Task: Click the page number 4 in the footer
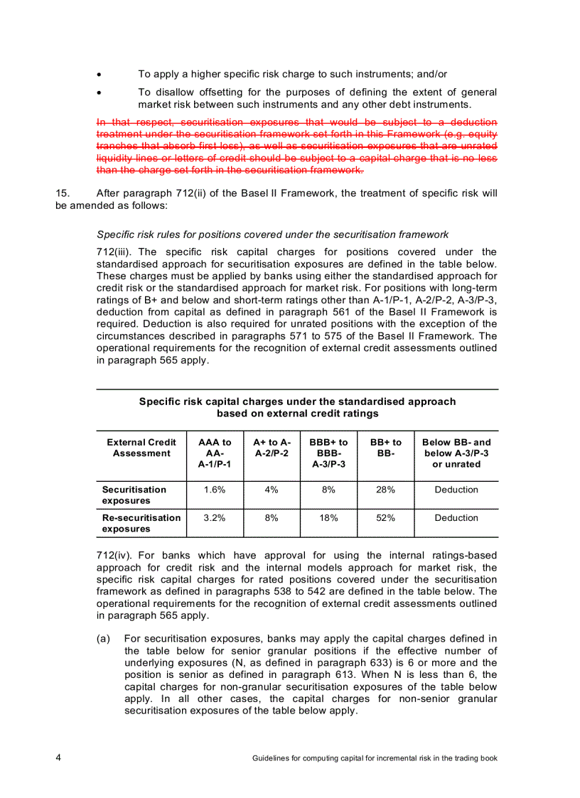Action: (59, 758)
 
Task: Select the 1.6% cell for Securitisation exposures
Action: (215, 490)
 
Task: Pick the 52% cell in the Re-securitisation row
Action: (385, 518)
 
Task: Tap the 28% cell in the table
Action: (385, 490)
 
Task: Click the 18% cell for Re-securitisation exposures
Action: (328, 518)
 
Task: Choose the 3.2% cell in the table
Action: (215, 518)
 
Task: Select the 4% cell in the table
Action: (272, 490)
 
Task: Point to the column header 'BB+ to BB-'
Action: (385, 448)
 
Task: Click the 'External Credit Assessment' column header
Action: (141, 448)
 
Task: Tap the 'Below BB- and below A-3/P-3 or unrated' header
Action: (456, 453)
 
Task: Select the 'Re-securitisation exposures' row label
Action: (141, 524)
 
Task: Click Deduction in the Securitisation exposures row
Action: (456, 490)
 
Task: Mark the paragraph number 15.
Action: (62, 193)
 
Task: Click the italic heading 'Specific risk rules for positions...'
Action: (272, 234)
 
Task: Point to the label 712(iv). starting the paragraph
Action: (115, 556)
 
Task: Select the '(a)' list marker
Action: (103, 639)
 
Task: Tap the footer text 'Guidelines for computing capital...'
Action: (375, 758)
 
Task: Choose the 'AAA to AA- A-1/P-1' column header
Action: (215, 453)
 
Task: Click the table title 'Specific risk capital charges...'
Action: (297, 407)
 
